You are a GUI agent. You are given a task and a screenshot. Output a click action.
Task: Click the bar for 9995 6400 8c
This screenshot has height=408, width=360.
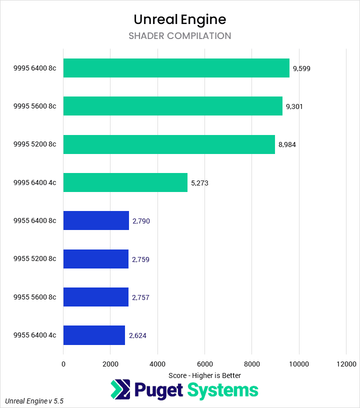tap(176, 68)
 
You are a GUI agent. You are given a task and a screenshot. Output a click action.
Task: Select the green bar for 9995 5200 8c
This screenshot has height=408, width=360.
tap(169, 144)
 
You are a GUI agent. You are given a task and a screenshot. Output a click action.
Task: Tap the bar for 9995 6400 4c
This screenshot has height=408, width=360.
tap(125, 182)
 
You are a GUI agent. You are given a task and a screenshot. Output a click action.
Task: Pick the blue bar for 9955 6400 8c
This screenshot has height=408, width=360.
tap(96, 220)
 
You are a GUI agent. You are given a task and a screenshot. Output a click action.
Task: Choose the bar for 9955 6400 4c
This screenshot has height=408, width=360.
tap(94, 335)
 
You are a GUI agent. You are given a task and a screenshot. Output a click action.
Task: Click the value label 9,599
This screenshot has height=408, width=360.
tap(302, 68)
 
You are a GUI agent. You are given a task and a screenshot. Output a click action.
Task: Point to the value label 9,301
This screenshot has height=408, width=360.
tap(294, 106)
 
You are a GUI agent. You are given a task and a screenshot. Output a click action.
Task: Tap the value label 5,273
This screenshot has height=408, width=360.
tap(199, 183)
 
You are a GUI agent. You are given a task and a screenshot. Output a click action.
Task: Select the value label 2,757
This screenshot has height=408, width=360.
tap(140, 297)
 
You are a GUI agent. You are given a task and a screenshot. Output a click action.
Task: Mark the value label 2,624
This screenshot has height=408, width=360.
tap(137, 335)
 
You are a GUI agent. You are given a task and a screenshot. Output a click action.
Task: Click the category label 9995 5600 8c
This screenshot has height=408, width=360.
tap(35, 106)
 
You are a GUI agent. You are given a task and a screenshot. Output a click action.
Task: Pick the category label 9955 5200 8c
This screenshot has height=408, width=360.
tap(35, 259)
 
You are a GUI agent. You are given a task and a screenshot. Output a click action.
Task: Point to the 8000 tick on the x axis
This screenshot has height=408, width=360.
tap(251, 364)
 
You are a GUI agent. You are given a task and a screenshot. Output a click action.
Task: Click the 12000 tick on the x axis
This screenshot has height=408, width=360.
tap(346, 364)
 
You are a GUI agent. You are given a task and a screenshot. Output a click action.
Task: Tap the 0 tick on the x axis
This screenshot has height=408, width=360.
tap(63, 364)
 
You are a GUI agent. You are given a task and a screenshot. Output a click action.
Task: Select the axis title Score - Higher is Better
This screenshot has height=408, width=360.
tap(204, 375)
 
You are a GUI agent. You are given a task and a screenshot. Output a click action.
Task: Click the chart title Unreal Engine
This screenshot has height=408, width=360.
tap(180, 19)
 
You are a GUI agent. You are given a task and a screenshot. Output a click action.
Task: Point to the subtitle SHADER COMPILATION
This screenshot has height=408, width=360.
tap(180, 36)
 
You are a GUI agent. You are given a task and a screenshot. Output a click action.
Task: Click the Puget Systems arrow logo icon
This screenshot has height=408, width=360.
tap(120, 390)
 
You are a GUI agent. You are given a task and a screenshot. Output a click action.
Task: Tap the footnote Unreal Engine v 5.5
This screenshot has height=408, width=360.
tap(34, 401)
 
